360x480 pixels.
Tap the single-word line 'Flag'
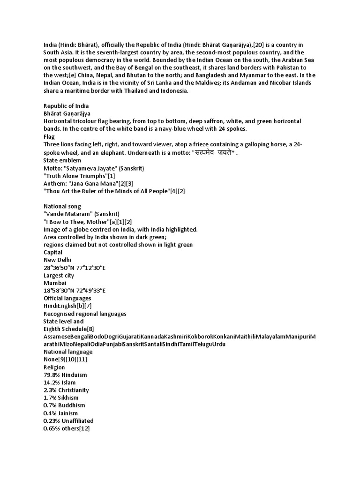click(49, 137)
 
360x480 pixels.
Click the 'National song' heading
click(62, 206)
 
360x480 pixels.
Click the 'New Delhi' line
click(58, 260)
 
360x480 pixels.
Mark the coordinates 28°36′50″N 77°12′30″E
click(75, 267)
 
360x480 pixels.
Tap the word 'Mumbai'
click(55, 283)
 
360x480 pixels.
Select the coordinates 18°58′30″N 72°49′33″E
click(75, 290)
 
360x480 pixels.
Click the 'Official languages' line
click(67, 298)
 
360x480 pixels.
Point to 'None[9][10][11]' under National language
click(65, 360)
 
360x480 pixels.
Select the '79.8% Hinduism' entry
click(65, 375)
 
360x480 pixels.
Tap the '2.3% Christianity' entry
click(66, 390)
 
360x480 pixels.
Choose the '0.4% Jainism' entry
click(61, 413)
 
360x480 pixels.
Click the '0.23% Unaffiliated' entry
click(68, 420)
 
